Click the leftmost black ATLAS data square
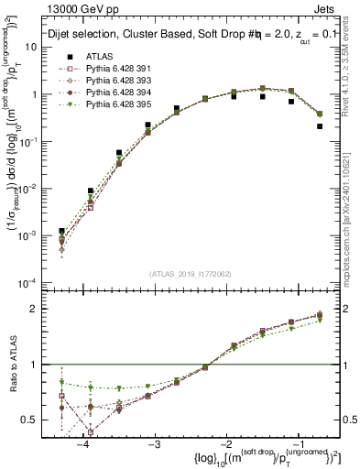coord(61,232)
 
